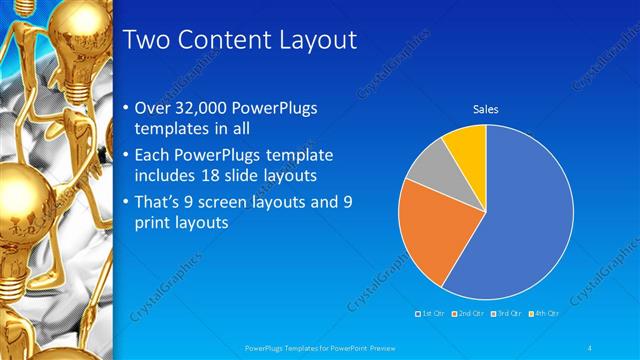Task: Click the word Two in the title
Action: pos(143,41)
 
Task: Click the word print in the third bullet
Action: pos(152,223)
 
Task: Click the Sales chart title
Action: pos(486,110)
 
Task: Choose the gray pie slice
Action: pos(436,164)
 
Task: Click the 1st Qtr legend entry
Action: pos(431,314)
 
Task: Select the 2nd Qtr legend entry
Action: pos(468,314)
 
